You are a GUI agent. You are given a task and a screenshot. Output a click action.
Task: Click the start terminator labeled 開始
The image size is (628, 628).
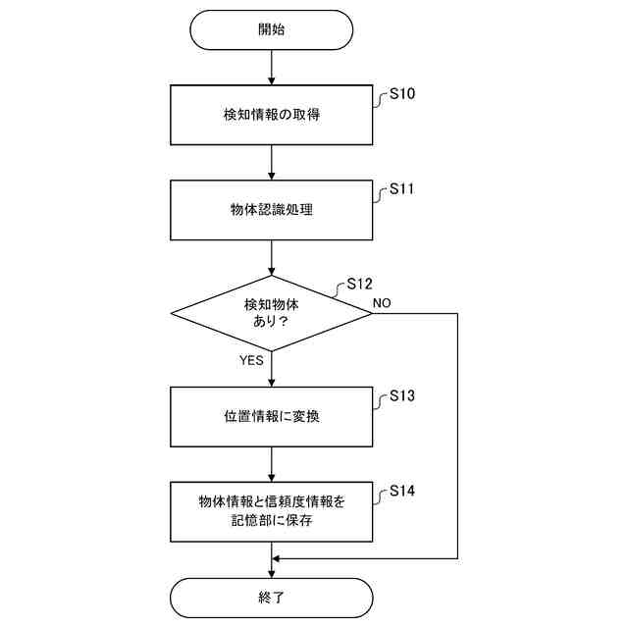[x=272, y=29]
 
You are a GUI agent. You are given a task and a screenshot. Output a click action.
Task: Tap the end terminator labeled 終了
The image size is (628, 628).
[x=272, y=597]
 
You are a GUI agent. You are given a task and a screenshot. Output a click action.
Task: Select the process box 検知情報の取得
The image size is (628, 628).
[x=272, y=115]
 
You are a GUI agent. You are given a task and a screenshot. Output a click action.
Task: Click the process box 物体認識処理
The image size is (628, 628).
[x=272, y=209]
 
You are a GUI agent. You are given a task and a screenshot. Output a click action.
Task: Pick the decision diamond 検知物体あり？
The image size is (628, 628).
[x=272, y=313]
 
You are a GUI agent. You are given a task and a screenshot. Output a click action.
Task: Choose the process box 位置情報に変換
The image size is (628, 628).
[x=272, y=416]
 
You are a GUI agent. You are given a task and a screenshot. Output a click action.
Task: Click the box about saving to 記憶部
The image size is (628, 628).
[x=272, y=511]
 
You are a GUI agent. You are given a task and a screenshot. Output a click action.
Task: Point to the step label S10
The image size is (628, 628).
[x=402, y=94]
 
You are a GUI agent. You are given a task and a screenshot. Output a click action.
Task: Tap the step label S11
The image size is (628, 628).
[x=402, y=188]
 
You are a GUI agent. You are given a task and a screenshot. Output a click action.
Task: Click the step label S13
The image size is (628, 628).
[x=402, y=396]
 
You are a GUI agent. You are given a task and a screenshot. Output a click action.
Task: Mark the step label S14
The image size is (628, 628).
[x=402, y=491]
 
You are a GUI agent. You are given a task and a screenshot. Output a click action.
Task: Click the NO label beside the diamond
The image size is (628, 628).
[x=382, y=303]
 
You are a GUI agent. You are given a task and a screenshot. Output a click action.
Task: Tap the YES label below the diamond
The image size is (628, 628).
[x=252, y=360]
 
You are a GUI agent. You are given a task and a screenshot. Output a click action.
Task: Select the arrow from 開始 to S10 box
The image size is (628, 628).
[x=272, y=67]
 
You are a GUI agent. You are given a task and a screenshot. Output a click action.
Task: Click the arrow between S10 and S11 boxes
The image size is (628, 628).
[x=272, y=162]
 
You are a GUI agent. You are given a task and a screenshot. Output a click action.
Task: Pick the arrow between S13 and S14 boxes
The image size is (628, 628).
[x=272, y=463]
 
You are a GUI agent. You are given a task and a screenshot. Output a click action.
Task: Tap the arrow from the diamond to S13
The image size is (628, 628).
[x=272, y=369]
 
